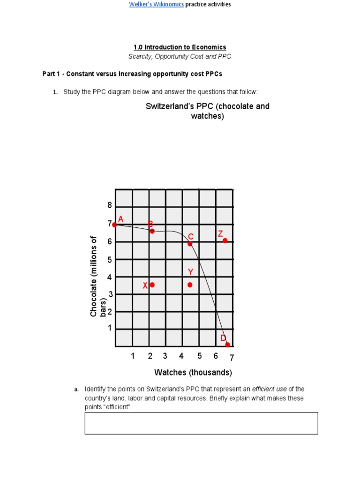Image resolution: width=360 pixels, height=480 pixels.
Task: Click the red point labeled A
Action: (x=115, y=225)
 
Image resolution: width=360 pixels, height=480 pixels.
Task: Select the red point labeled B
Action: (x=152, y=231)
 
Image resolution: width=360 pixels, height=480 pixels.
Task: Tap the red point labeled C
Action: (x=190, y=244)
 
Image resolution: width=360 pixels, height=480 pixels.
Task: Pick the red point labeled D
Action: (x=227, y=345)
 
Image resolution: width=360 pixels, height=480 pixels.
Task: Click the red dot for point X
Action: (x=152, y=285)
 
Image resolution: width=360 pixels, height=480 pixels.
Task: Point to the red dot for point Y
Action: (x=190, y=285)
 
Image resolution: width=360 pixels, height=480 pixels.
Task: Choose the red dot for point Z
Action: (x=225, y=240)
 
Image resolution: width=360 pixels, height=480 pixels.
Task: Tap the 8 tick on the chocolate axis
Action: (x=110, y=205)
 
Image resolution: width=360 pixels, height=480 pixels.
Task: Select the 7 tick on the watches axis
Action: (x=231, y=358)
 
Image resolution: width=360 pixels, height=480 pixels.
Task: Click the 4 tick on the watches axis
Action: (x=181, y=356)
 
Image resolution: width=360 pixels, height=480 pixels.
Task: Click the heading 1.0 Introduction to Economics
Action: (x=180, y=47)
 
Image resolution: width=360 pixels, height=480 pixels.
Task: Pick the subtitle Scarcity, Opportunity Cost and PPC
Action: (x=180, y=56)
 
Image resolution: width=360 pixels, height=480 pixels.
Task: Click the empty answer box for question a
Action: (x=201, y=423)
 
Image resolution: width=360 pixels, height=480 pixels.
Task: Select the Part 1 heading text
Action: (x=133, y=74)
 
